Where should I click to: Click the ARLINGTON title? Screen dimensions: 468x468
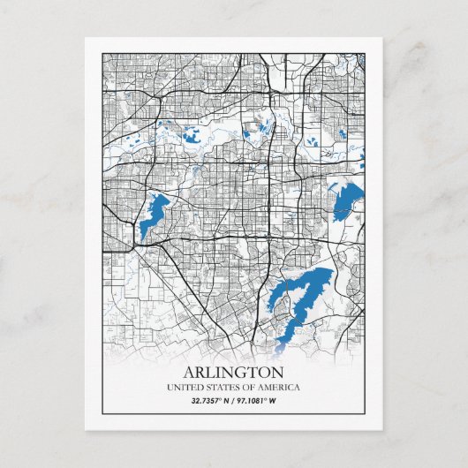coord(234,371)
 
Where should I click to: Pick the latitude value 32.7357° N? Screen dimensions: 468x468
coord(211,402)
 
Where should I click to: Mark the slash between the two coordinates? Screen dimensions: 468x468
coord(234,402)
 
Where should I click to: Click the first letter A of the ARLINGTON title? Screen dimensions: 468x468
coord(190,371)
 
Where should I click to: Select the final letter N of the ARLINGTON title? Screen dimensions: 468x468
coord(278,371)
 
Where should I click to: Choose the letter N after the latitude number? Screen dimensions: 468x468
coord(227,402)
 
